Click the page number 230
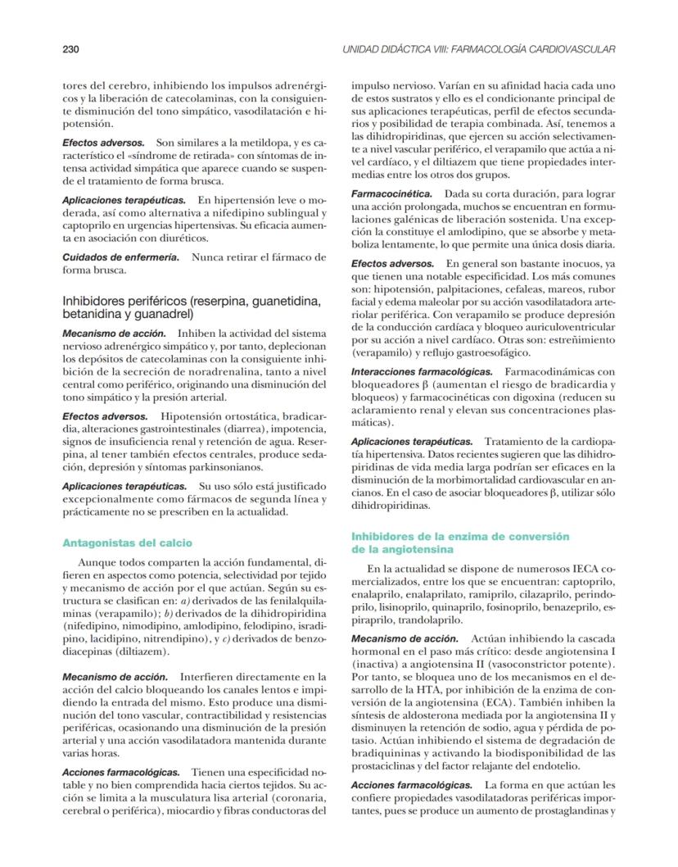(x=70, y=51)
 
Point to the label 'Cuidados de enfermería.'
(x=120, y=257)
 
